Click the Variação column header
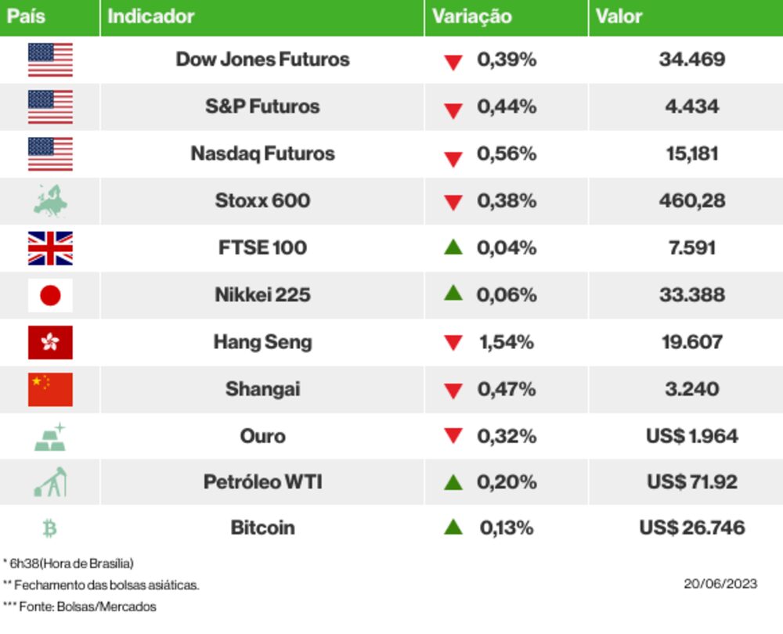[x=472, y=16]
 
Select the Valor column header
[x=619, y=16]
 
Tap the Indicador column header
[x=150, y=16]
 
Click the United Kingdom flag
[x=50, y=248]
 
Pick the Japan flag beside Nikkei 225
[x=50, y=295]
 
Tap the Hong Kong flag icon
[x=50, y=342]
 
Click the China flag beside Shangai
[x=50, y=389]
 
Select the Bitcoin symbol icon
[x=50, y=528]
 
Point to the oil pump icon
[x=50, y=482]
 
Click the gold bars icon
[x=50, y=437]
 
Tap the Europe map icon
[x=50, y=200]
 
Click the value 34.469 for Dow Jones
[x=691, y=59]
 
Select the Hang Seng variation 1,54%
[x=506, y=342]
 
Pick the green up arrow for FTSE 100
[x=453, y=247]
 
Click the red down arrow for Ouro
[x=453, y=437]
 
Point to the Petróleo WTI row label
[x=262, y=482]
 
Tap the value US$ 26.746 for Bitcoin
[x=691, y=528]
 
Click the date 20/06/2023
[x=720, y=584]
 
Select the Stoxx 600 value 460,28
[x=691, y=201]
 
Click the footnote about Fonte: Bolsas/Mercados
[x=80, y=607]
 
